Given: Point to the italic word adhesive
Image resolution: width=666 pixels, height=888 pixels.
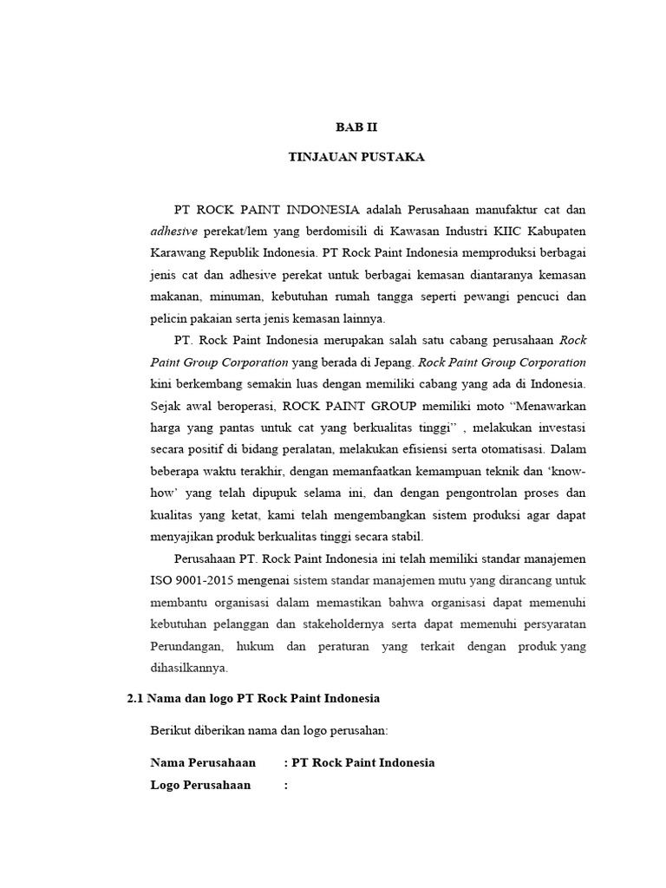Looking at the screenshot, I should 174,232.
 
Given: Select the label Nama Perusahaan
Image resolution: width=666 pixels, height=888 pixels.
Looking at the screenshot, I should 203,762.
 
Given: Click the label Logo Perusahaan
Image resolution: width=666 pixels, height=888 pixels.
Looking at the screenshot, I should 200,785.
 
